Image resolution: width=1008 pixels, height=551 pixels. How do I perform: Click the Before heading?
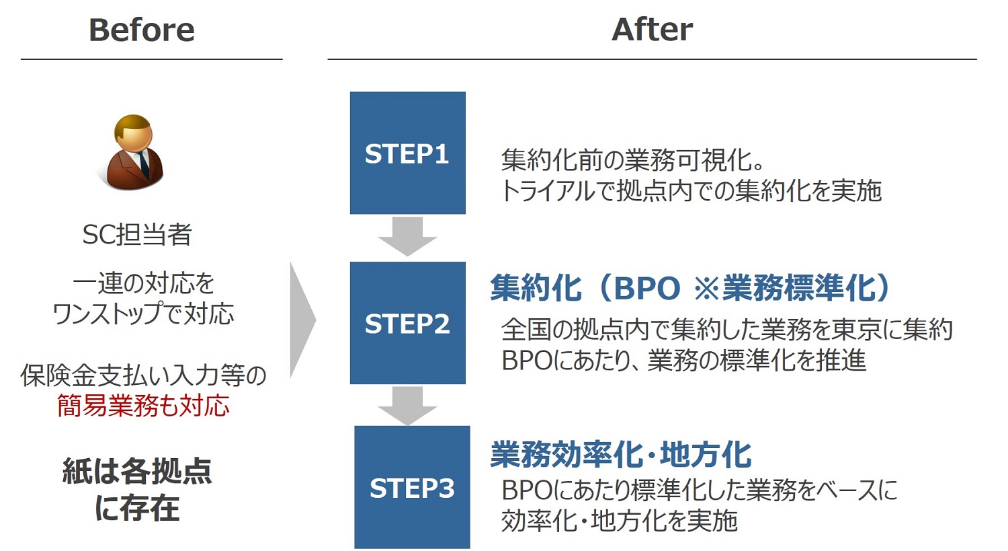142,30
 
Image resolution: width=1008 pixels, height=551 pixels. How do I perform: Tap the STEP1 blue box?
408,153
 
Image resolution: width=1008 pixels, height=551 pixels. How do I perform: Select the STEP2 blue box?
408,322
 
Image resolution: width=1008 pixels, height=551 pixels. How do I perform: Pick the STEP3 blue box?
412,487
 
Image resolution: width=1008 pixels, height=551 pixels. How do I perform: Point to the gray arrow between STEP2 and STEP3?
407,406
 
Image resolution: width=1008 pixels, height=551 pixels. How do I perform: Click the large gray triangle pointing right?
303,320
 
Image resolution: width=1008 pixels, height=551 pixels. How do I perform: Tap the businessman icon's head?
133,133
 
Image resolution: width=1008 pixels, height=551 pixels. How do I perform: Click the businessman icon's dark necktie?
143,164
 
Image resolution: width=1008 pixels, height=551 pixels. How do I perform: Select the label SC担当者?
137,234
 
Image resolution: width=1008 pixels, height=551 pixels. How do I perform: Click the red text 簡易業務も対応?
144,406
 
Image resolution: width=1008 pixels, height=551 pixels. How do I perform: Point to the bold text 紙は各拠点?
137,471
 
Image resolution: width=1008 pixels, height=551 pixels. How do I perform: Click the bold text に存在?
137,508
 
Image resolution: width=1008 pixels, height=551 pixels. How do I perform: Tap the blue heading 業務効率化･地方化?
621,454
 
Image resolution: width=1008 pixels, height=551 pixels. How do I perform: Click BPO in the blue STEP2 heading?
647,288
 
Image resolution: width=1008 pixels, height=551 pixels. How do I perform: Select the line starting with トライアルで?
691,190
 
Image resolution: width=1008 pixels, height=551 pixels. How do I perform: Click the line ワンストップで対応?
144,314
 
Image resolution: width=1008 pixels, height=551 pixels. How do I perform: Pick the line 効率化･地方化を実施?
619,521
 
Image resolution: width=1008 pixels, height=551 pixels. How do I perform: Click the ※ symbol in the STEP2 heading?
708,289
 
